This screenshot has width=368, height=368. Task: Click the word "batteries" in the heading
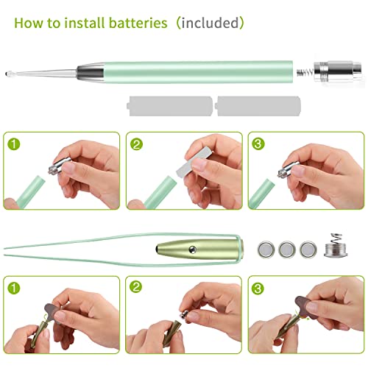click(134, 23)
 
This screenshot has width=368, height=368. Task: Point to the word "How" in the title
click(27, 23)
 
